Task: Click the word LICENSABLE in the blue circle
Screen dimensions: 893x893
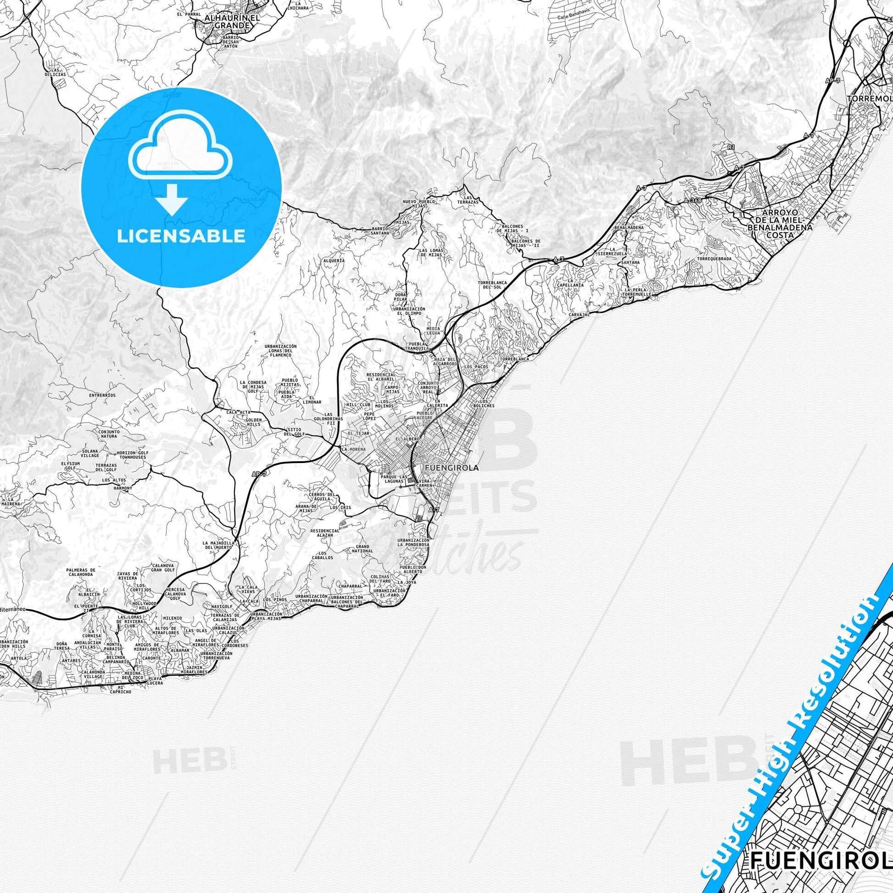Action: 181,236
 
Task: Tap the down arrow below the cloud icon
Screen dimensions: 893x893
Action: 172,199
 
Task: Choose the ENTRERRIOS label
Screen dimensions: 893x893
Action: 103,395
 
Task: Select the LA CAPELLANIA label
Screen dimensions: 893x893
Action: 570,283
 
